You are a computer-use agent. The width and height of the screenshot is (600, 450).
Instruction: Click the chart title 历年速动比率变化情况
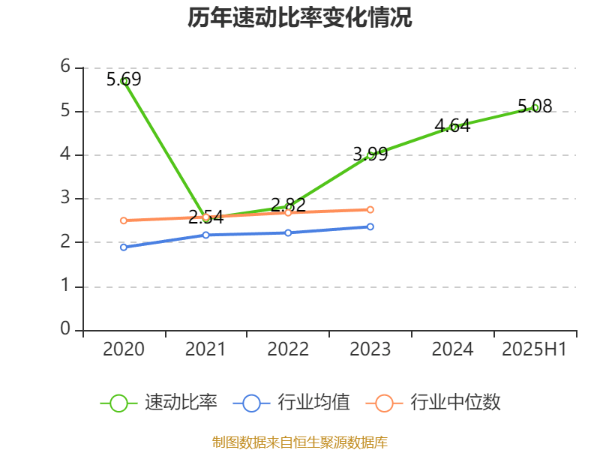[300, 18]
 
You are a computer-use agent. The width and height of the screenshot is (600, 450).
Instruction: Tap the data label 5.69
[124, 79]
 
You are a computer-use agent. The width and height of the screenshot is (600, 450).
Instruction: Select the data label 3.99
[370, 154]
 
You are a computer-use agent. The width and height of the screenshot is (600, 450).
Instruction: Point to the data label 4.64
[452, 126]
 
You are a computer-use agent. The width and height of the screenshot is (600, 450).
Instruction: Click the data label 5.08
[535, 106]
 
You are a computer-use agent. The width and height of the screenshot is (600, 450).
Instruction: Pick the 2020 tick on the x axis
[124, 349]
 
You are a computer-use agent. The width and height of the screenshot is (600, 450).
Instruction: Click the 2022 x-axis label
[288, 349]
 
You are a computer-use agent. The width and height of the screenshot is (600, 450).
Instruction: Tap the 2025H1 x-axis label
[534, 349]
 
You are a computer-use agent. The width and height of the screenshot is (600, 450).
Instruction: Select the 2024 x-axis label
[452, 349]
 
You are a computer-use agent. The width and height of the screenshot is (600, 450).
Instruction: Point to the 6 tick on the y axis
[66, 67]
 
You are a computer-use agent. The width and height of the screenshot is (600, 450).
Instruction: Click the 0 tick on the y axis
[66, 329]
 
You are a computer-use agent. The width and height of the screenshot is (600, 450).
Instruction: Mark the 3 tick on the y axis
[66, 198]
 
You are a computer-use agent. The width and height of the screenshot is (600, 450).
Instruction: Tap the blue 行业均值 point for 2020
[124, 247]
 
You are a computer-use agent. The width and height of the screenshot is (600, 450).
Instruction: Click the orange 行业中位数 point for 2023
[370, 209]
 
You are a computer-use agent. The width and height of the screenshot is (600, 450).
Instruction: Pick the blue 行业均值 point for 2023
[370, 226]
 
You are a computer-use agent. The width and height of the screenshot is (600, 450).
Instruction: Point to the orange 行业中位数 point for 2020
[124, 220]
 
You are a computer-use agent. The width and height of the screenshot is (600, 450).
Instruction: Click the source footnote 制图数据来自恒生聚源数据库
[300, 442]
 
